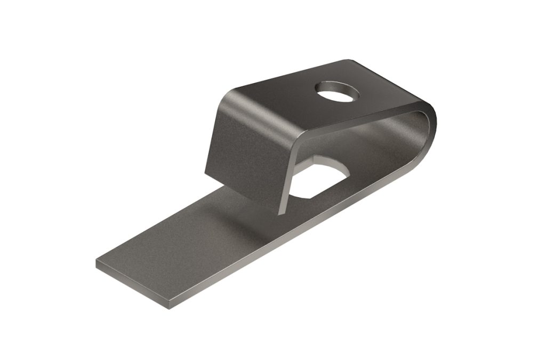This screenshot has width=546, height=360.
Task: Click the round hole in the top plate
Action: point(337,92)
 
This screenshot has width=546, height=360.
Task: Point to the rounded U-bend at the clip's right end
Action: point(429,133)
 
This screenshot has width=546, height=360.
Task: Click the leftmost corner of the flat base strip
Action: point(97,262)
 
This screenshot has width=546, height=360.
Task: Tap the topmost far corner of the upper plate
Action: point(349,60)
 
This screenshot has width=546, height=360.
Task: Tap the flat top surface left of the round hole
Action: point(277,91)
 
